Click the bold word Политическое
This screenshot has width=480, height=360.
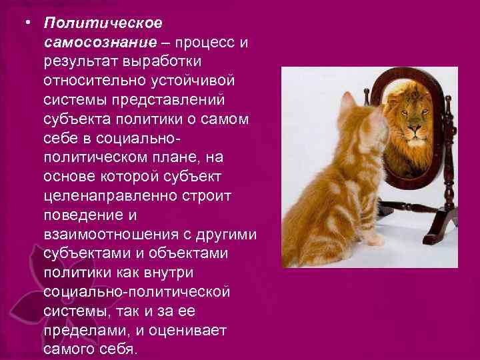pyautogui.click(x=103, y=24)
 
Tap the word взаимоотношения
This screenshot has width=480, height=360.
pyautogui.click(x=110, y=237)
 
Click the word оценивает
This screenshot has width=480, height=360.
pyautogui.click(x=189, y=331)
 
